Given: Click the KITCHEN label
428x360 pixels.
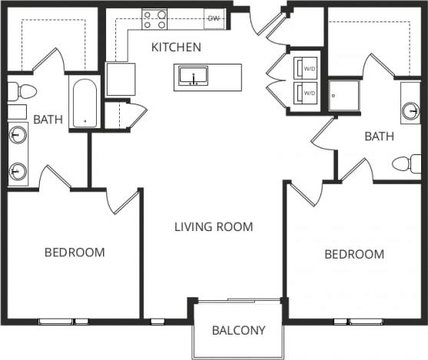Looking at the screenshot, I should click(x=176, y=48).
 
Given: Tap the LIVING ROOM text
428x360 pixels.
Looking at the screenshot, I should click(x=213, y=227).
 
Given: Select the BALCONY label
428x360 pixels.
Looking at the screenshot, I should click(x=238, y=331).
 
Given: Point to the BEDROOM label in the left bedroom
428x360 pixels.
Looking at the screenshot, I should click(x=74, y=252).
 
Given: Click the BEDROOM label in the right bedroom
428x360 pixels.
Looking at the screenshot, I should click(x=353, y=254).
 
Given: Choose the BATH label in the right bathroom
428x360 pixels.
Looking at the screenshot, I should click(x=379, y=137).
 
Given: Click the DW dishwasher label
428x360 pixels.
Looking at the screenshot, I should click(x=213, y=18).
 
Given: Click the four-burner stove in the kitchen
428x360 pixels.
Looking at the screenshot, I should click(x=154, y=19).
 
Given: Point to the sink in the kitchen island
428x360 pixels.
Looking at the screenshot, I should click(x=193, y=77).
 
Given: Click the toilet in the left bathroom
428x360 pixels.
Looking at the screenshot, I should click(x=22, y=92).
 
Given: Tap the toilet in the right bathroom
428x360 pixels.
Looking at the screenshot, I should click(x=405, y=163).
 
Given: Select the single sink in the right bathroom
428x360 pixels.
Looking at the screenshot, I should click(x=411, y=111).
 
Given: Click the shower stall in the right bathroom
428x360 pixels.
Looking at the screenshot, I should click(x=345, y=94).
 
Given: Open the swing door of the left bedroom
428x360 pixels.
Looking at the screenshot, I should click(x=122, y=201).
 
